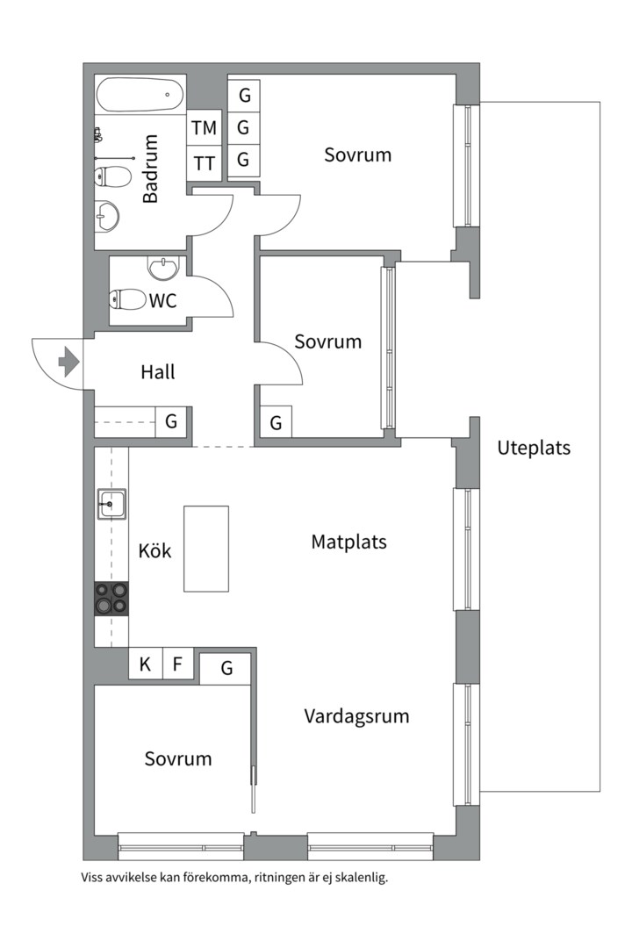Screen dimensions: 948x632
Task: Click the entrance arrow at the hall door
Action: click(x=68, y=361)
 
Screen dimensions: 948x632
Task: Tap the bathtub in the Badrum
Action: click(x=140, y=94)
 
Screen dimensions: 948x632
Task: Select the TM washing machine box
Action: click(x=205, y=128)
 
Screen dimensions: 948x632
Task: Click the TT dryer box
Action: click(x=205, y=163)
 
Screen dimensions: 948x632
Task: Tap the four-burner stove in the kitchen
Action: click(x=111, y=599)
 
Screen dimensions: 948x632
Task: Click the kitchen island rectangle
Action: click(x=206, y=549)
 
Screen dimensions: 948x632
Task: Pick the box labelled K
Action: click(x=145, y=664)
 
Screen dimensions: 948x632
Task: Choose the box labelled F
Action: click(x=177, y=664)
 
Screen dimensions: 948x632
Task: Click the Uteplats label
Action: click(x=534, y=448)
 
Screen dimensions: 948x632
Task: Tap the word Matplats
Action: click(x=348, y=542)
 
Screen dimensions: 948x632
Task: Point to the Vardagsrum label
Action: click(x=356, y=716)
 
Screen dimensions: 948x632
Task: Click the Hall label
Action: click(x=158, y=372)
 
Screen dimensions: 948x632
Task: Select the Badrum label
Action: click(x=151, y=169)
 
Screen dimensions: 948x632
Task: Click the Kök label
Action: click(x=155, y=551)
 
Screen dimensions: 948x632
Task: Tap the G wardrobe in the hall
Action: click(x=171, y=422)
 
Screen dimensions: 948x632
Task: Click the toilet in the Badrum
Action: click(x=112, y=177)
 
